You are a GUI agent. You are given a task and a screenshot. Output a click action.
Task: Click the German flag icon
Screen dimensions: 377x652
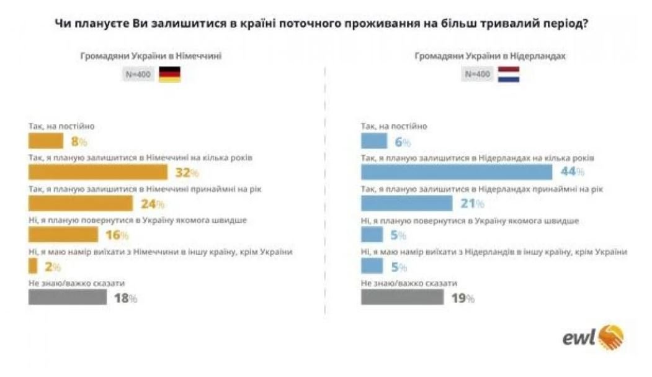[169, 75]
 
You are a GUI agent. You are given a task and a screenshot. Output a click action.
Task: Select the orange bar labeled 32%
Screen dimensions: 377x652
[98, 172]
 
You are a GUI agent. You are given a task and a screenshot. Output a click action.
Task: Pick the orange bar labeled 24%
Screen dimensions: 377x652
[81, 204]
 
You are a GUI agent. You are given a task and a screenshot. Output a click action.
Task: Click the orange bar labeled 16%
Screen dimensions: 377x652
[63, 235]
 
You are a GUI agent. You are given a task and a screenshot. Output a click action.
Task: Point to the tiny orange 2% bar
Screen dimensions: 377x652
[33, 266]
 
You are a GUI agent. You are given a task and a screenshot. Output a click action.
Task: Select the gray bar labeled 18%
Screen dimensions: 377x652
[68, 298]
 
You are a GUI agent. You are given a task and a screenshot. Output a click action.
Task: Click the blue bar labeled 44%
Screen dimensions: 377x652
[456, 172]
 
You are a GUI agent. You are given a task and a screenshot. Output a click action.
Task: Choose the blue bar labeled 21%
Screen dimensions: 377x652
[406, 204]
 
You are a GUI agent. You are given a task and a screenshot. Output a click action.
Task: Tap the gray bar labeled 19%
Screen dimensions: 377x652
[402, 298]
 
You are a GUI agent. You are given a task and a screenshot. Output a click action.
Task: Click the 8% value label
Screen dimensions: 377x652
[79, 142]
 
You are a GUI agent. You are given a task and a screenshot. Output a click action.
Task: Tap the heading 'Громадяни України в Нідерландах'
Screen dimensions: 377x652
[489, 56]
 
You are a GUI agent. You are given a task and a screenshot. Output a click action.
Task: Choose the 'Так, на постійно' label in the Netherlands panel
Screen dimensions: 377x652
[394, 126]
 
